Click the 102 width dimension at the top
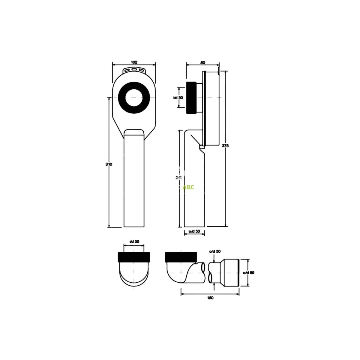tap(134, 62)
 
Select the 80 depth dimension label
tap(203, 62)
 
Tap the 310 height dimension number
tap(109, 164)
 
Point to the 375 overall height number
tap(225, 146)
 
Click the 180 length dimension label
tap(210, 298)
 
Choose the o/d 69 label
tap(249, 273)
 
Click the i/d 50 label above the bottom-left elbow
tap(134, 241)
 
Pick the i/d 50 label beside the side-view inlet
tap(178, 97)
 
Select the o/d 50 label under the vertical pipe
tap(194, 231)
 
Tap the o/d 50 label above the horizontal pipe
tap(215, 251)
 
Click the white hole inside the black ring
tap(134, 98)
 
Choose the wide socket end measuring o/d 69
tap(231, 273)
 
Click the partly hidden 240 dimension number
tap(179, 178)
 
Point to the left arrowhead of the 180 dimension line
tap(182, 294)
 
